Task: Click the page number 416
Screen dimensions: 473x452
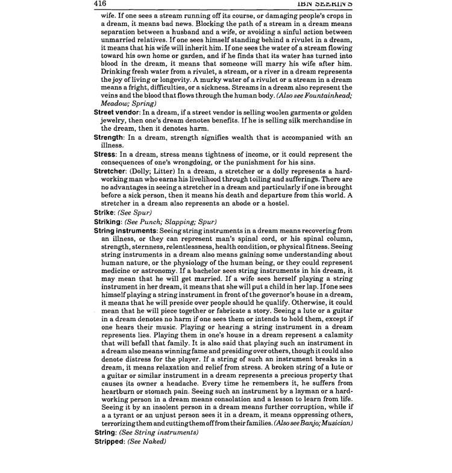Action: click(99, 4)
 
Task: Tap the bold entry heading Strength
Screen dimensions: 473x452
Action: click(108, 137)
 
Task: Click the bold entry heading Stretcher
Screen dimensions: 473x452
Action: click(110, 171)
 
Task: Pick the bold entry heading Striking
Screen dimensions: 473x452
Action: click(108, 222)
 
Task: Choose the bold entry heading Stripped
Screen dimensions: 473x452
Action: click(110, 441)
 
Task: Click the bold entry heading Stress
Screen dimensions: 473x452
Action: click(104, 154)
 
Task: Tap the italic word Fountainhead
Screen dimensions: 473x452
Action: click(325, 95)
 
